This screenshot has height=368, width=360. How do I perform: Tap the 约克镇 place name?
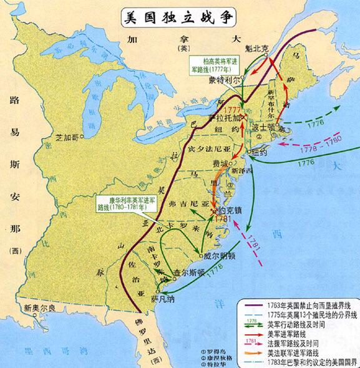pyautogui.click(x=232, y=203)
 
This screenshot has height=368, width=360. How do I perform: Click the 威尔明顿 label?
pyautogui.click(x=220, y=256)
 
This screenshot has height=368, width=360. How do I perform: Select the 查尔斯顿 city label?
pyautogui.click(x=189, y=273)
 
